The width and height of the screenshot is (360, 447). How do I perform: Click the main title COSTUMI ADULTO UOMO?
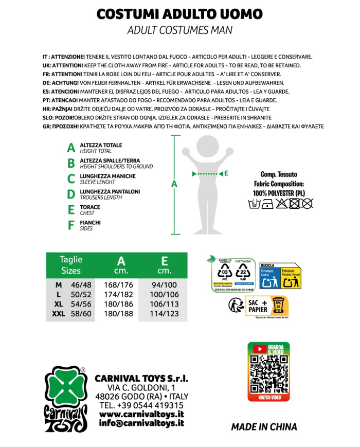(179, 14)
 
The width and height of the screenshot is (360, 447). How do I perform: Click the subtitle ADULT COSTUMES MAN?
(179, 30)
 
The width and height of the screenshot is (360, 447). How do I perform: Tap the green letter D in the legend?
(71, 194)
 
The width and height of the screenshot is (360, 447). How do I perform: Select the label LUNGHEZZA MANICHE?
(107, 176)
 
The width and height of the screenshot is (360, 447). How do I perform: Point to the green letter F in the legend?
(71, 225)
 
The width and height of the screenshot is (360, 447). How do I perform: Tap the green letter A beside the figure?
(174, 184)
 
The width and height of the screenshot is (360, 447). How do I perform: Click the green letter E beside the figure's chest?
(226, 173)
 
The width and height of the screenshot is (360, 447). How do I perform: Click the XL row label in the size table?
(58, 304)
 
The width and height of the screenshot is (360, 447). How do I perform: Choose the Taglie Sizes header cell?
(71, 265)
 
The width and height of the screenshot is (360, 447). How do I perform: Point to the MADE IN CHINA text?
(264, 427)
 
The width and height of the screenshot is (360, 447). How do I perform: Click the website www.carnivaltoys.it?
(141, 415)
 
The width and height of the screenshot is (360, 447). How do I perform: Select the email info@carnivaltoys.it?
(141, 423)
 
